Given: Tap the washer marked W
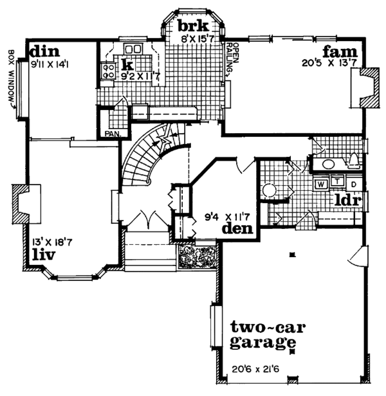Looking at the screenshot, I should click(320, 183).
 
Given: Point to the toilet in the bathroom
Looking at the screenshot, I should click(353, 161).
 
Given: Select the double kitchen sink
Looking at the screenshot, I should click(133, 50).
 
